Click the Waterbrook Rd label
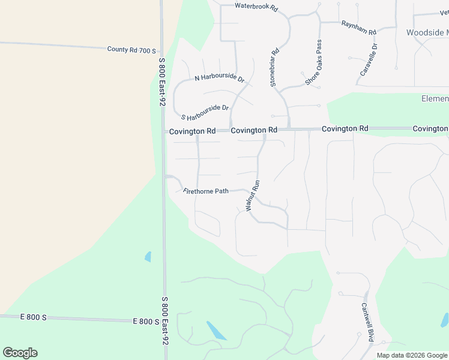[256, 8]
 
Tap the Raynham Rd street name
[358, 27]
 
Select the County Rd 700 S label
[131, 50]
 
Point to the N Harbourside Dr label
[220, 79]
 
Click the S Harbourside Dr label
[205, 112]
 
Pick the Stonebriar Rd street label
[275, 68]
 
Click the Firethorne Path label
[206, 191]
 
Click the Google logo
[20, 353]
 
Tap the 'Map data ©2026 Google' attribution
[412, 355]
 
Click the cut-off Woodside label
[427, 32]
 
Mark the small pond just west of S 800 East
[148, 257]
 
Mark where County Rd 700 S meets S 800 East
[162, 50]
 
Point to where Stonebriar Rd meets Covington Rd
[289, 129]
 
